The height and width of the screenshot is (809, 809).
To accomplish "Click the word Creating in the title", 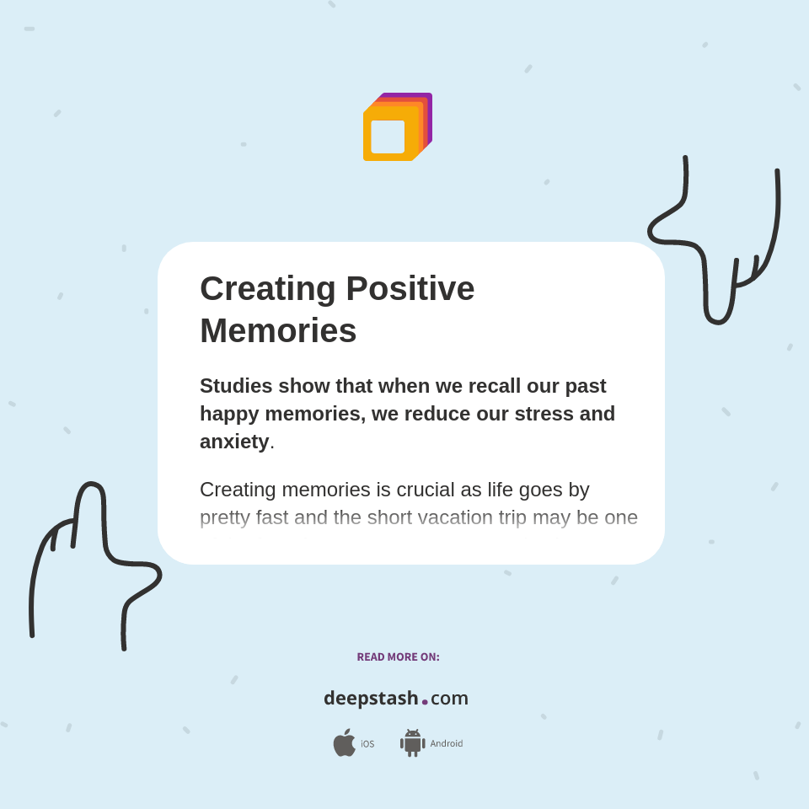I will point(267,289).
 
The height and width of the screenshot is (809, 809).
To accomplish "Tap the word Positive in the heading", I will point(410,289).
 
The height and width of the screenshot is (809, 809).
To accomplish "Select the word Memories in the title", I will point(278,330).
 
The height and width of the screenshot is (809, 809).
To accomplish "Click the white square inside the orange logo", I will point(388,137).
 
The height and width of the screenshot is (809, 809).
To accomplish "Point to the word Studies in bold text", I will point(236,386).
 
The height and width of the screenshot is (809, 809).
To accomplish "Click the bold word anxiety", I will point(234,442).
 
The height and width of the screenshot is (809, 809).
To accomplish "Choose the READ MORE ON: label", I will point(398,657).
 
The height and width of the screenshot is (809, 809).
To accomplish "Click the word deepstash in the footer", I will point(371,699).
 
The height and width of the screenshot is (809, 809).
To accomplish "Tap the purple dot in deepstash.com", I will point(425,702).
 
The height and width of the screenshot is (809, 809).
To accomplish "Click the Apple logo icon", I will point(344,743).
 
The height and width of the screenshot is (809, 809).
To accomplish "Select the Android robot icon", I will point(412,743).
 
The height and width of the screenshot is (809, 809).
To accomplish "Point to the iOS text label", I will point(367,744).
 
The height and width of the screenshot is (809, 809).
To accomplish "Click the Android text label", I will point(447,744).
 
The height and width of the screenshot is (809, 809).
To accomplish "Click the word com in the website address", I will point(449,699).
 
